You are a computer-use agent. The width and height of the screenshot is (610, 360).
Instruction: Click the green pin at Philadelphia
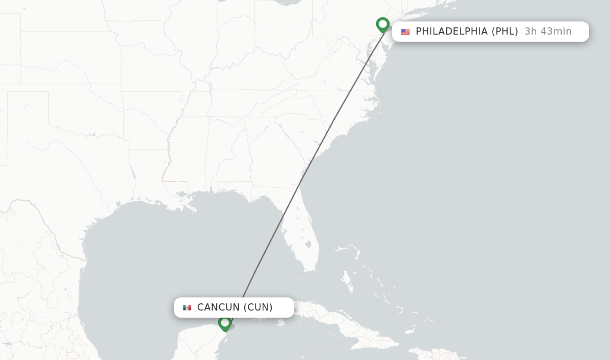tap(382, 24)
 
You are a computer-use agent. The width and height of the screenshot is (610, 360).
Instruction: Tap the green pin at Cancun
tap(225, 323)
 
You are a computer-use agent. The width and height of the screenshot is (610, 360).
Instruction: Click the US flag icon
tap(405, 32)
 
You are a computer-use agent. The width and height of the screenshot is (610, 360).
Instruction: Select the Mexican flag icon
tap(187, 308)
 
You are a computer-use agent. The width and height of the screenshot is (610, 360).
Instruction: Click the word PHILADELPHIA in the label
tap(452, 32)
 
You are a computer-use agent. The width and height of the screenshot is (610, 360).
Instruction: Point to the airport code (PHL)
tap(505, 32)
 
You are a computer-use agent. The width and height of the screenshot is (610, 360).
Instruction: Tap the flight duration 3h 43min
tap(547, 32)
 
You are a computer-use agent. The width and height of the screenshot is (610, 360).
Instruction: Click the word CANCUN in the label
tap(218, 308)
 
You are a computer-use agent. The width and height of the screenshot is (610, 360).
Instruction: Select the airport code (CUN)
tap(258, 308)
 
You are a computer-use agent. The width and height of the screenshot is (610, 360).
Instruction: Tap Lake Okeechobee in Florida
tap(308, 244)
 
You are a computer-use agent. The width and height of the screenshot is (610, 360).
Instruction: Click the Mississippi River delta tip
tap(194, 209)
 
